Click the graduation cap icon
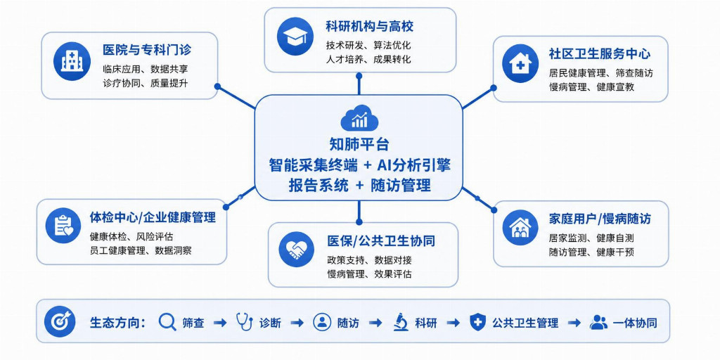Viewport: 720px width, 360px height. point(295,37)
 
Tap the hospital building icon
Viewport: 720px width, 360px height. point(72,61)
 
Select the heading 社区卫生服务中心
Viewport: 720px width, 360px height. point(600,53)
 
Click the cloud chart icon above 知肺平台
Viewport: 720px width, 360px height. point(359,117)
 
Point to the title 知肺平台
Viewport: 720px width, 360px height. point(359,144)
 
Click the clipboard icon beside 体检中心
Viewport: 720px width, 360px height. point(63,226)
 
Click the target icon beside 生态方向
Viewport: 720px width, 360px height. point(60,321)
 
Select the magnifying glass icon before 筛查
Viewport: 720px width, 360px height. point(167,322)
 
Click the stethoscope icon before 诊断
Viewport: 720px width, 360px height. point(244,322)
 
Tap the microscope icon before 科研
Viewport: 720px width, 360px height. point(401,322)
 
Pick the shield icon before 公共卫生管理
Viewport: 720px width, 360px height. point(478,322)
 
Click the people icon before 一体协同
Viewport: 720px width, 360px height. point(598,322)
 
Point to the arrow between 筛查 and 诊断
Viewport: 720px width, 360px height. point(220,323)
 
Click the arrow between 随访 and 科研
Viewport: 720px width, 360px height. point(375,323)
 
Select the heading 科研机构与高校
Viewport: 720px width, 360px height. point(370,26)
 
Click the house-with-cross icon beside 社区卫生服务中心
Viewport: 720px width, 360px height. point(520,63)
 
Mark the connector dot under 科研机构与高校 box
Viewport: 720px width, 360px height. point(359,75)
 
